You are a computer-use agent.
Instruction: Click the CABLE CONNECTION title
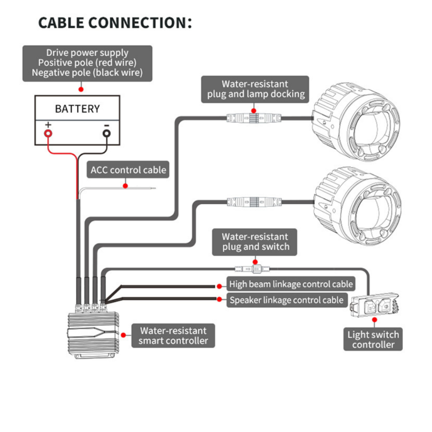(x=115, y=23)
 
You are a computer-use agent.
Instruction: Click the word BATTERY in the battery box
(x=77, y=109)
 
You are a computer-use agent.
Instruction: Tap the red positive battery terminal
(x=49, y=133)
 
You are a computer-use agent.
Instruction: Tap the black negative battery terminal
(x=107, y=133)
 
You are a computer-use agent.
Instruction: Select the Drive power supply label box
(x=87, y=63)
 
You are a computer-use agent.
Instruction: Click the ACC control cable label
(x=128, y=170)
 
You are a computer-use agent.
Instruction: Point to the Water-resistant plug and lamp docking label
(x=255, y=89)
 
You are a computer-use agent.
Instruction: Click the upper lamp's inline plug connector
(x=254, y=118)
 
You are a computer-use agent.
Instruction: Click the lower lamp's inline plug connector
(x=254, y=202)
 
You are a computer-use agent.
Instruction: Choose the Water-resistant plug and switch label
(x=254, y=242)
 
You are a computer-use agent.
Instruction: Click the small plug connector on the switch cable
(x=252, y=268)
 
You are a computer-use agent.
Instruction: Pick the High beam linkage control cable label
(x=291, y=284)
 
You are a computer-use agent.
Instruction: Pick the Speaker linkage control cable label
(x=286, y=300)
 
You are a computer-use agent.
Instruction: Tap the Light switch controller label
(x=373, y=340)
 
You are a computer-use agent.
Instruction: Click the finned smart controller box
(x=93, y=334)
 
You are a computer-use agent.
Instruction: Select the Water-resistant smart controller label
(x=173, y=336)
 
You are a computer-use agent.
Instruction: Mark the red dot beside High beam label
(x=219, y=286)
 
